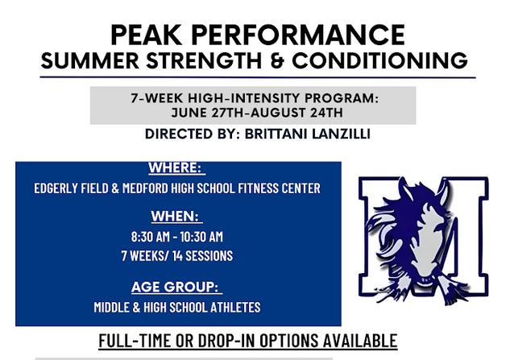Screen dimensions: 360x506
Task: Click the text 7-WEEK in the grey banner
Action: pyautogui.click(x=154, y=98)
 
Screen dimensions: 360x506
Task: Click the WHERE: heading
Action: pyautogui.click(x=176, y=168)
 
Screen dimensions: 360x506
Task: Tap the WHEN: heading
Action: pyautogui.click(x=176, y=216)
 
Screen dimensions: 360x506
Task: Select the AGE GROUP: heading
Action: pyautogui.click(x=176, y=287)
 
